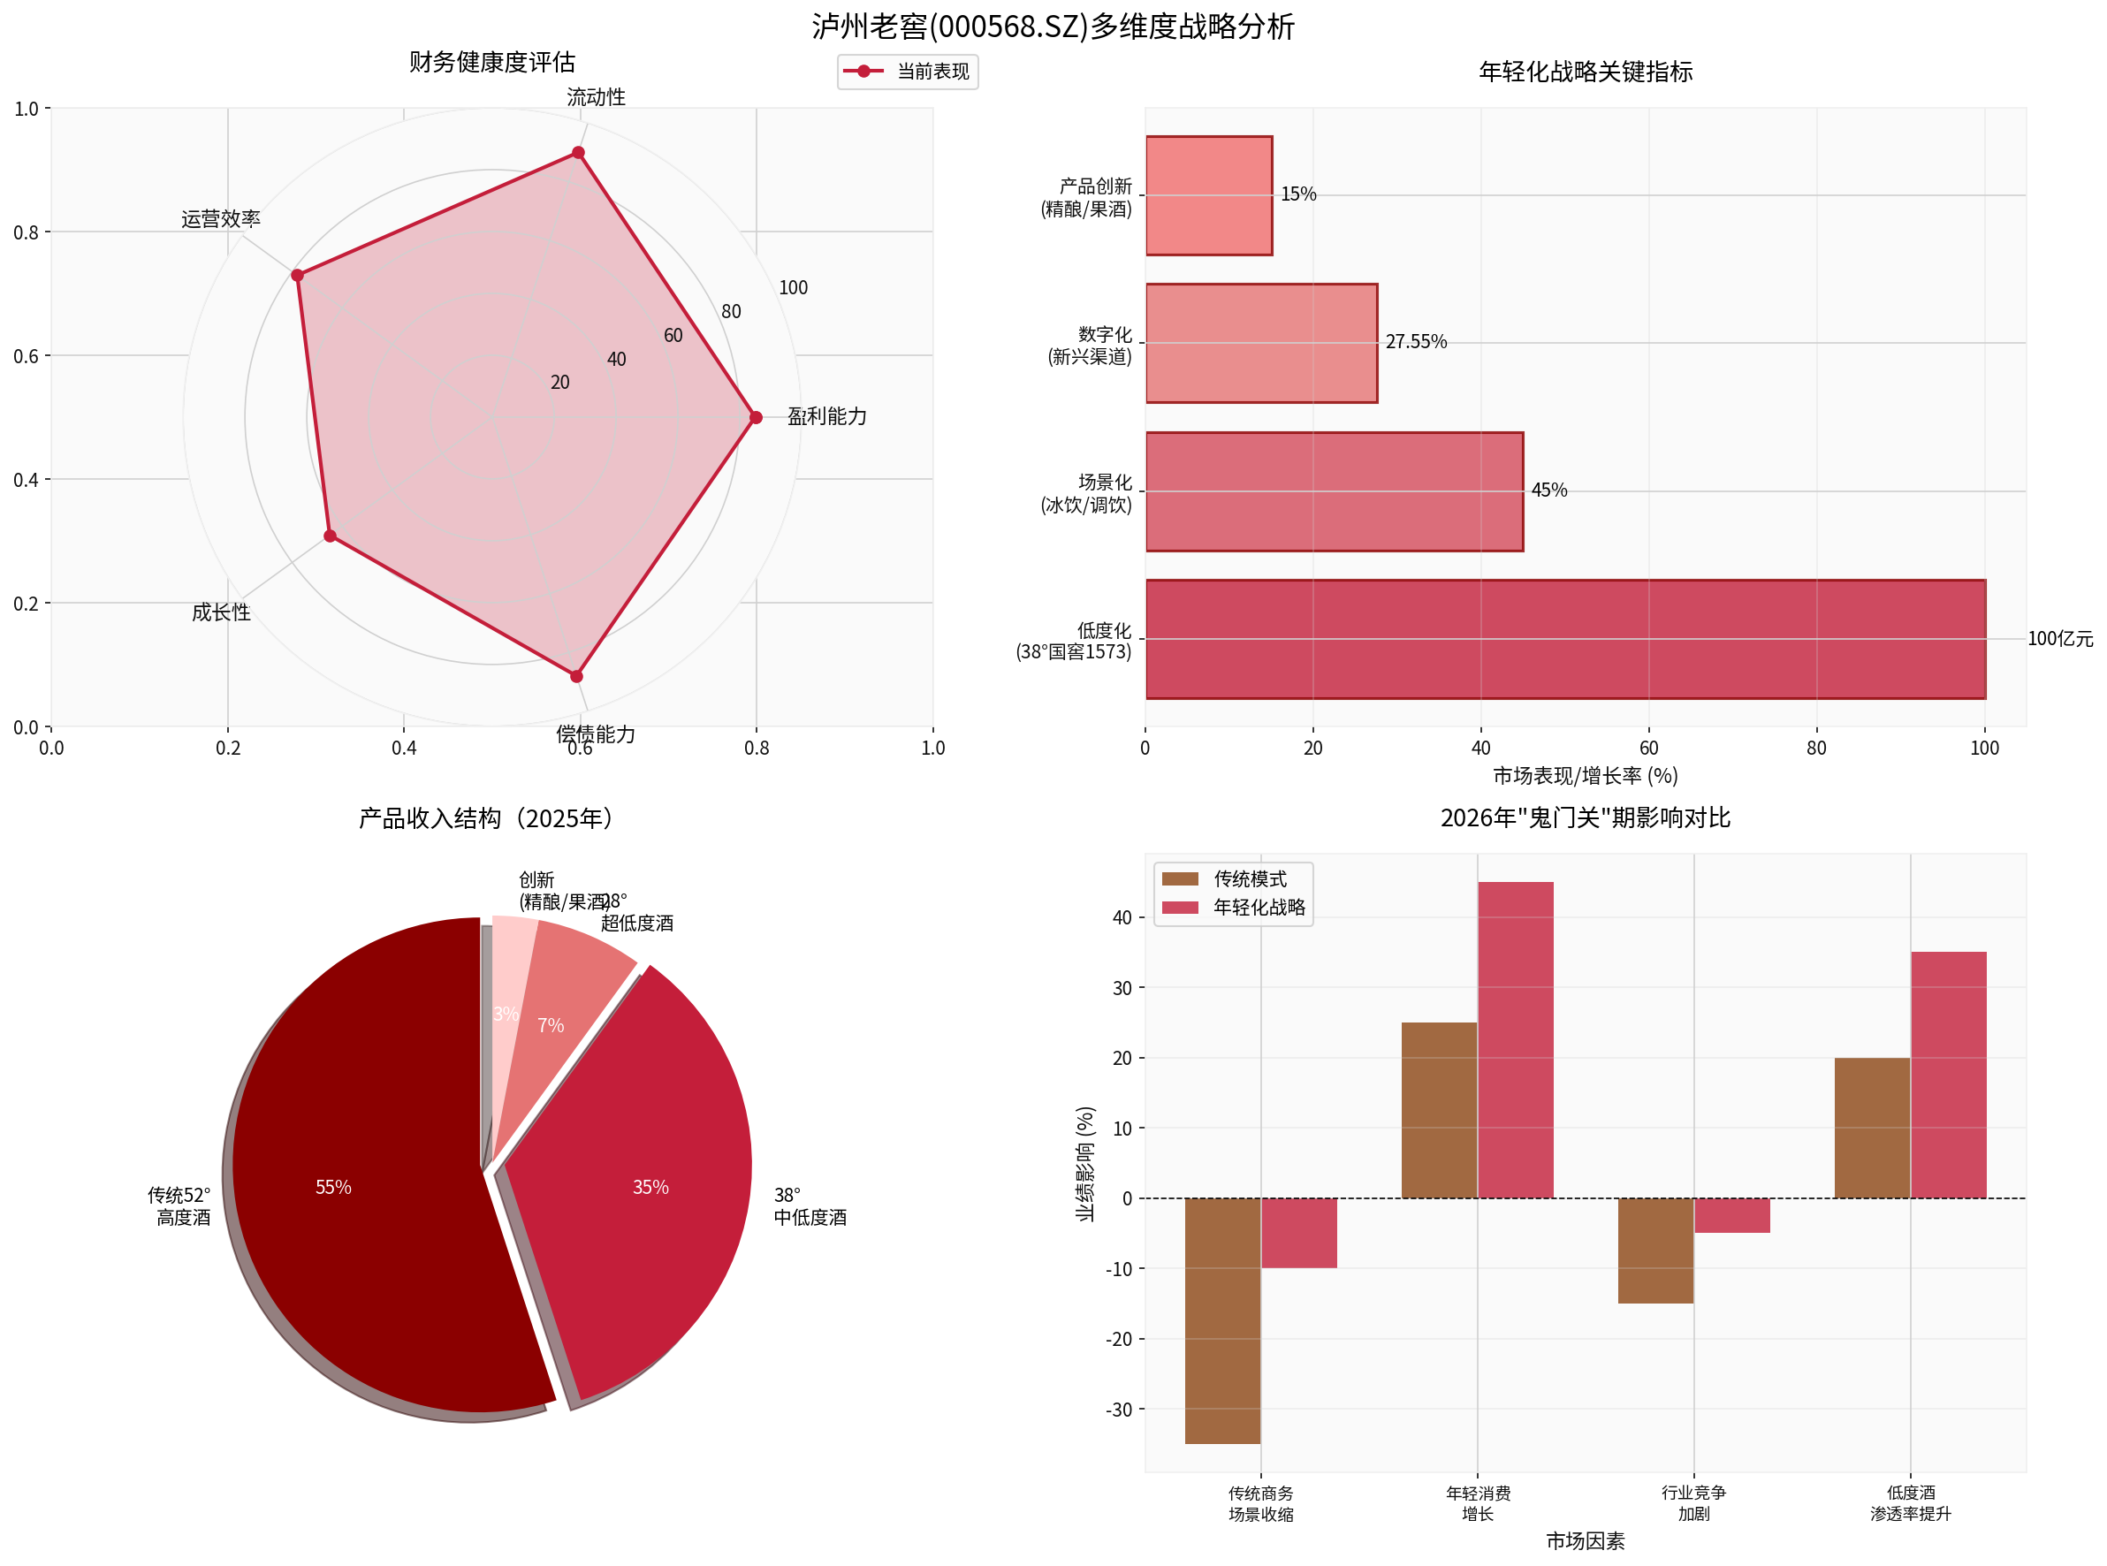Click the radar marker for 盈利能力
point(756,417)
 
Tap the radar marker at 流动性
point(578,153)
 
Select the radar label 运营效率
point(221,219)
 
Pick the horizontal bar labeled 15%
point(1208,195)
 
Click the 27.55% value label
point(1415,341)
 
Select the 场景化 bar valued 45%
point(1334,491)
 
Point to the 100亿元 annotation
point(2059,639)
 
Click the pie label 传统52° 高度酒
point(179,1205)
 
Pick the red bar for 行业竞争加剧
point(1730,1215)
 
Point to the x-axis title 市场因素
point(1585,1541)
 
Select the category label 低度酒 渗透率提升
point(1910,1503)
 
